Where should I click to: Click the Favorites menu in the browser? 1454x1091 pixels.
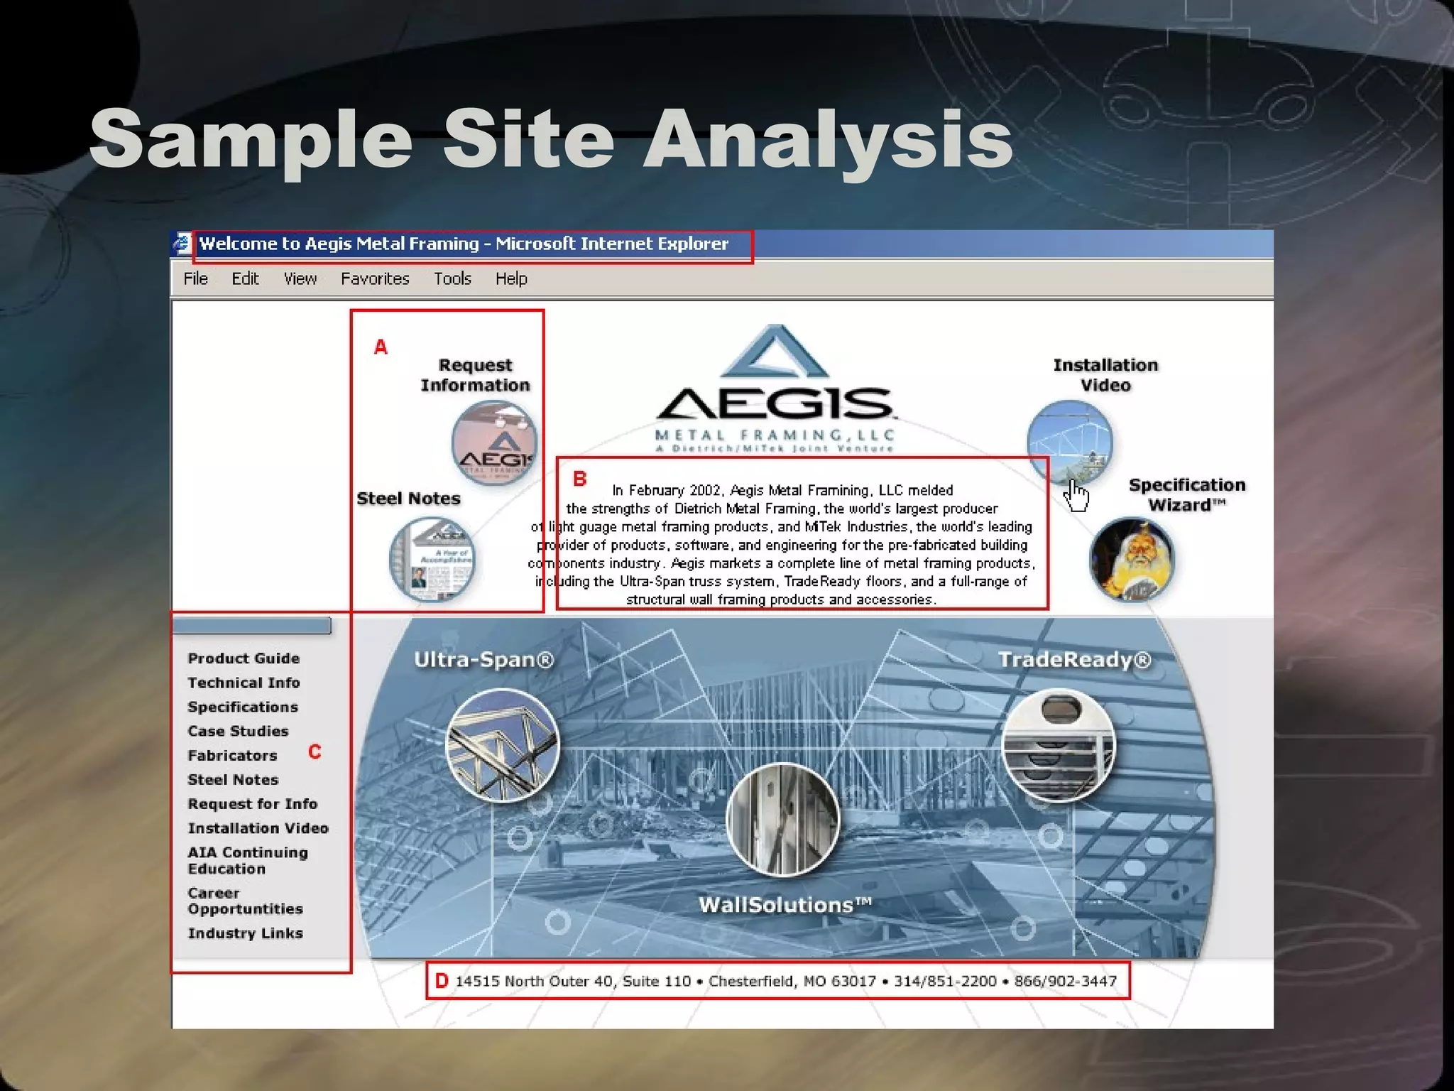(375, 278)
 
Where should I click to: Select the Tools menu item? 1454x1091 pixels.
(452, 278)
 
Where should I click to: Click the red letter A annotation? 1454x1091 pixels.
(381, 347)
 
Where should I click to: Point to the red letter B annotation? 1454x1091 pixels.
(579, 479)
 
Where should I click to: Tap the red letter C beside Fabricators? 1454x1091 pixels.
(315, 751)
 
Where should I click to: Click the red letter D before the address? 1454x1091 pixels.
(442, 981)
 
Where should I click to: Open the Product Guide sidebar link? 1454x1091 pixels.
(244, 658)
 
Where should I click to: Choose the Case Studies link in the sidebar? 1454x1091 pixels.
(238, 731)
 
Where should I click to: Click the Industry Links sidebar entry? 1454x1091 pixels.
(245, 933)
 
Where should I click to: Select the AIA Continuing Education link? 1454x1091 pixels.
(247, 860)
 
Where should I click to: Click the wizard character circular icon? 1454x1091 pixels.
(1132, 560)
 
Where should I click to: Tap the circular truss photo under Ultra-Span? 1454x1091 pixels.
(503, 745)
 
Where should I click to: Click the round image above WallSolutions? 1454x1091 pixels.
(782, 819)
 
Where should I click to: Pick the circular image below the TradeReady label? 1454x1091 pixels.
(1058, 744)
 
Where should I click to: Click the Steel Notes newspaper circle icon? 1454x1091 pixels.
(432, 559)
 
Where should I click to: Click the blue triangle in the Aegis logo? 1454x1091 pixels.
(775, 353)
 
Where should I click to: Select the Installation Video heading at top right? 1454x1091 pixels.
(1105, 375)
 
